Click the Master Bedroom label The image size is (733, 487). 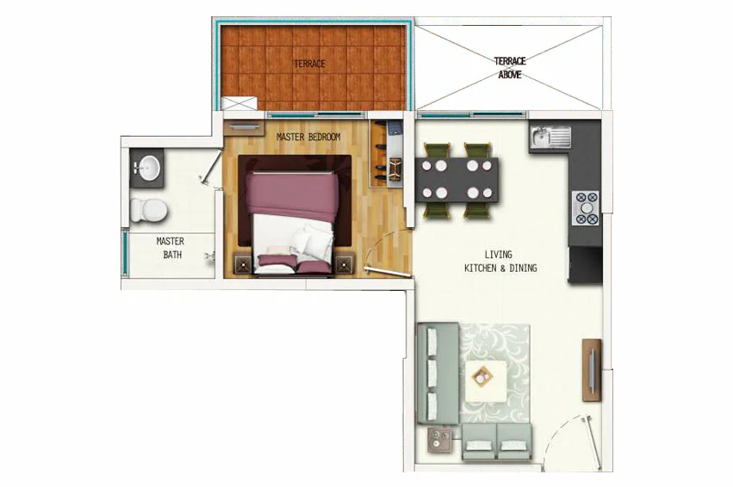pyautogui.click(x=308, y=138)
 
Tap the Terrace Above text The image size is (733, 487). pyautogui.click(x=510, y=68)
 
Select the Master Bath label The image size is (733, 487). pyautogui.click(x=171, y=248)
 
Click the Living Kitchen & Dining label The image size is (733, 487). pyautogui.click(x=500, y=262)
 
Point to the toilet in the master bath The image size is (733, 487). pyautogui.click(x=149, y=209)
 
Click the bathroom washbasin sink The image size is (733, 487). pyautogui.click(x=147, y=168)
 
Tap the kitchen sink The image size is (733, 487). pyautogui.click(x=550, y=136)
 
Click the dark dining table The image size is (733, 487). pyautogui.click(x=457, y=180)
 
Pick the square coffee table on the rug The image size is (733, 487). pyautogui.click(x=486, y=380)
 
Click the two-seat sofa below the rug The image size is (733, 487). pyautogui.click(x=496, y=442)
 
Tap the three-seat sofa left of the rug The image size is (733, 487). pyautogui.click(x=438, y=373)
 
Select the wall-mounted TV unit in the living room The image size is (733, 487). pyautogui.click(x=592, y=370)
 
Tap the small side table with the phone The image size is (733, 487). pyautogui.click(x=440, y=440)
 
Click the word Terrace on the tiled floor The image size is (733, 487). pyautogui.click(x=309, y=64)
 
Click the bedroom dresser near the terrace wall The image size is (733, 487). pyautogui.click(x=244, y=128)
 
